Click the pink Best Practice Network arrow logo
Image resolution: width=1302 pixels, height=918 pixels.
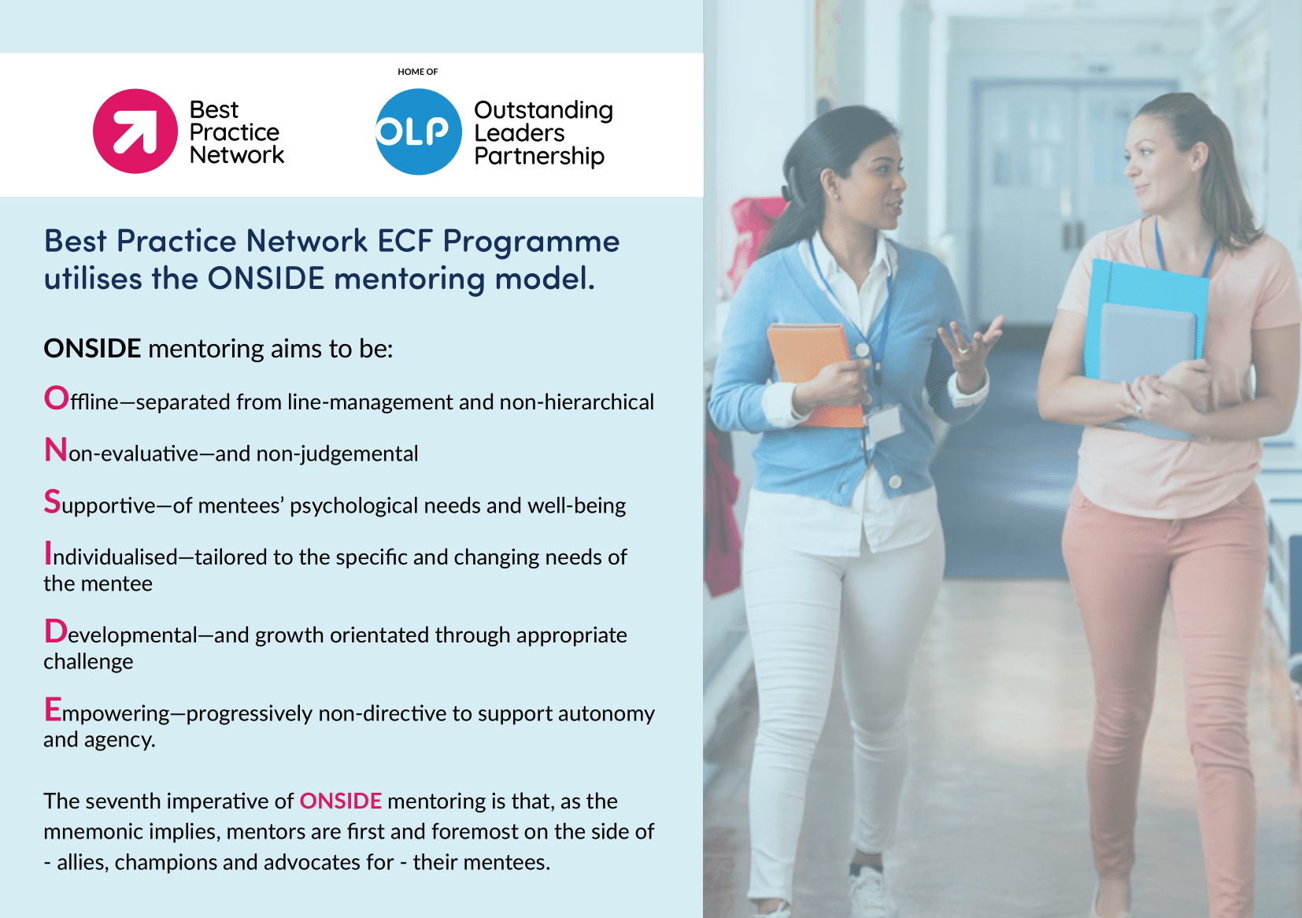(x=135, y=131)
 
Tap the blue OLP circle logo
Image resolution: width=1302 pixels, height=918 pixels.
(x=418, y=131)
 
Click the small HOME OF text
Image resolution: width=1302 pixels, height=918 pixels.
(x=417, y=72)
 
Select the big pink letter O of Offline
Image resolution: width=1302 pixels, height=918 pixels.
(x=57, y=398)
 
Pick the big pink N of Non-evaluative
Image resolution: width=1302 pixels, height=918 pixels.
(x=56, y=450)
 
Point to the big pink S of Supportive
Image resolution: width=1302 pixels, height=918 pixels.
(x=52, y=502)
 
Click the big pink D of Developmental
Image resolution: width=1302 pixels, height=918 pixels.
(x=56, y=631)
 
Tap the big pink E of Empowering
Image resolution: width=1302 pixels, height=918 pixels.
(x=53, y=709)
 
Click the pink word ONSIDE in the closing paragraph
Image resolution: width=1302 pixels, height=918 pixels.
(x=341, y=801)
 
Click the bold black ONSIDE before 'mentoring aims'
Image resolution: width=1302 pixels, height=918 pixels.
(x=92, y=348)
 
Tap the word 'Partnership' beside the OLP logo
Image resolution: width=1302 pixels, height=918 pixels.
(x=539, y=157)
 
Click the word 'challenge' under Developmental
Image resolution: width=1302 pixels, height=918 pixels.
(x=88, y=661)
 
